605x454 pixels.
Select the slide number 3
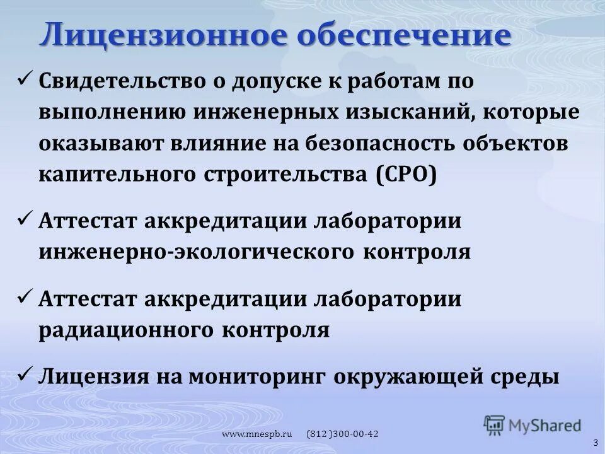tap(595, 443)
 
